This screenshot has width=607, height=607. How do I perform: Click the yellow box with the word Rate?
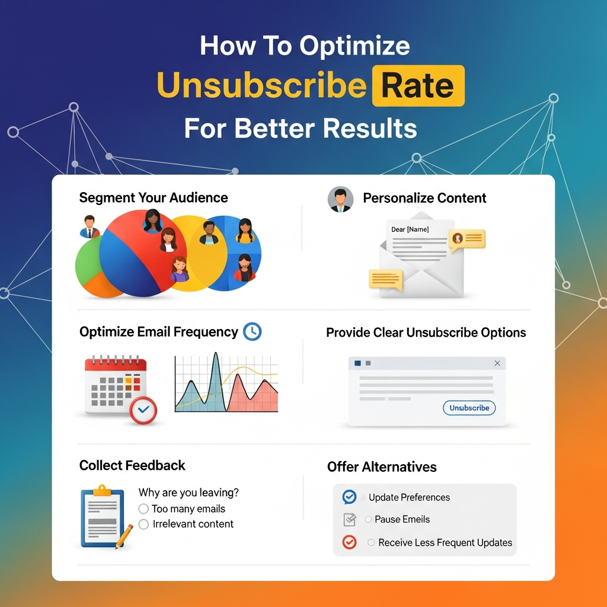tap(418, 85)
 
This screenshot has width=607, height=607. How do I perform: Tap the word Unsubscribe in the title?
tap(261, 85)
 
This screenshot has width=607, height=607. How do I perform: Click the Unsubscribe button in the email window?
tap(469, 408)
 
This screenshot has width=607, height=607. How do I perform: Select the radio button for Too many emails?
tap(143, 509)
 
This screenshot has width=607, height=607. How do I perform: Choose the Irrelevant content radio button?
tap(143, 524)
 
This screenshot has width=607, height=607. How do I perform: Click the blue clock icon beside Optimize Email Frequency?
tap(253, 332)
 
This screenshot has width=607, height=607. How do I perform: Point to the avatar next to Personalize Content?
tap(340, 199)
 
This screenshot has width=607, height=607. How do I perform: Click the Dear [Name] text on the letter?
tap(410, 229)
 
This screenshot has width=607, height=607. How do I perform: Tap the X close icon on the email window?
tap(497, 363)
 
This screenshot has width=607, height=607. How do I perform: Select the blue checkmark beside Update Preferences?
tap(349, 497)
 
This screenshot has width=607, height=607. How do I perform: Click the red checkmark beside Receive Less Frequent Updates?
tap(349, 542)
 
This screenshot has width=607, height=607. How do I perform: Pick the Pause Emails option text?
tap(402, 519)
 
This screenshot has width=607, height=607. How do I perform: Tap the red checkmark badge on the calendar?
tap(143, 410)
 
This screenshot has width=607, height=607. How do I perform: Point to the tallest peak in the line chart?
tap(216, 353)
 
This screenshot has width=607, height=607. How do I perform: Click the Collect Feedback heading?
tap(132, 465)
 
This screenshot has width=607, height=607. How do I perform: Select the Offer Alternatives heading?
tap(382, 467)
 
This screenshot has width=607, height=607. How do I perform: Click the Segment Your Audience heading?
tap(154, 198)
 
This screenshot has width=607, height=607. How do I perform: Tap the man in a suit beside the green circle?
tap(90, 226)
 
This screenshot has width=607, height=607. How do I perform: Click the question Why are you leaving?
tap(189, 493)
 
